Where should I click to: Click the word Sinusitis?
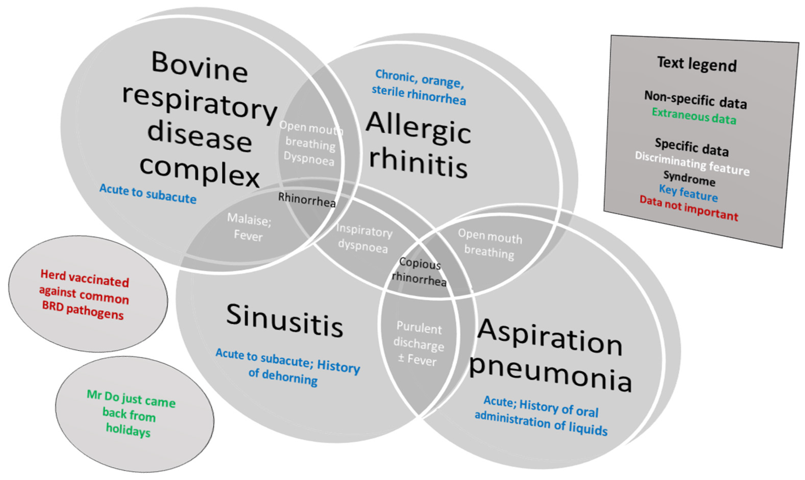tap(285, 320)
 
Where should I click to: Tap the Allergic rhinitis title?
tap(418, 144)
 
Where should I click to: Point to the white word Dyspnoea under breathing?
tap(309, 159)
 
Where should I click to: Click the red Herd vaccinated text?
tap(84, 295)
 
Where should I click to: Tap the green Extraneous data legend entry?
tap(694, 116)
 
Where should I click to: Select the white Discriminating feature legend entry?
tap(692, 164)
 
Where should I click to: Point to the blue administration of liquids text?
tap(541, 423)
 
